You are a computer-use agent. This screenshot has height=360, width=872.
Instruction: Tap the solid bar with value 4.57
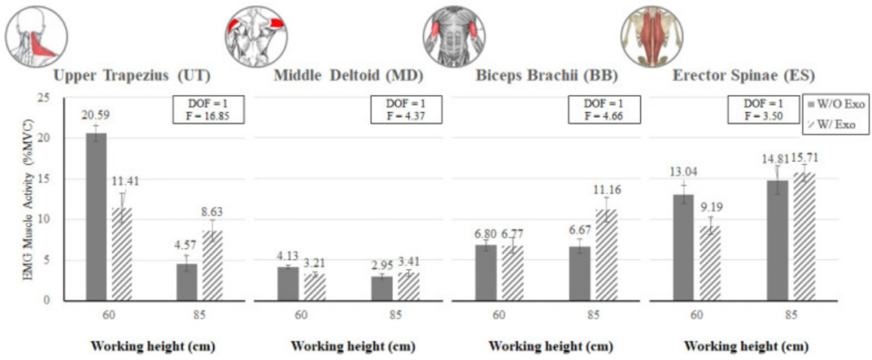tap(187, 282)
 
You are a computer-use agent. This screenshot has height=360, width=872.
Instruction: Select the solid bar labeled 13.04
tap(683, 247)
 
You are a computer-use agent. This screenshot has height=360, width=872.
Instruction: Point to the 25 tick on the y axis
tap(44, 98)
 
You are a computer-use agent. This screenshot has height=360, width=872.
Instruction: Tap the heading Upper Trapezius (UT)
tap(132, 77)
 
